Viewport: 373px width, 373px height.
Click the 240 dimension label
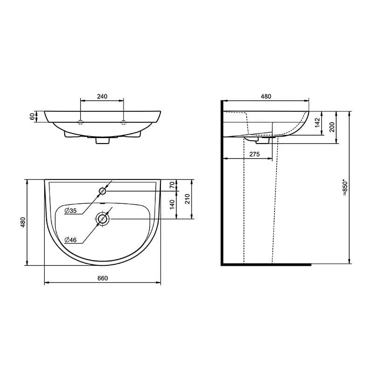tap(102, 97)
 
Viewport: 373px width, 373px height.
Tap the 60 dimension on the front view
tap(32, 117)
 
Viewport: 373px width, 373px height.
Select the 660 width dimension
tap(103, 278)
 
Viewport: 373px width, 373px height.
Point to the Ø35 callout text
tap(71, 211)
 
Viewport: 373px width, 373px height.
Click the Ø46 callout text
tap(71, 240)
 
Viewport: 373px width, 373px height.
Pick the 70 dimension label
tap(172, 185)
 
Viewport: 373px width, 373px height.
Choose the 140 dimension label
tap(172, 205)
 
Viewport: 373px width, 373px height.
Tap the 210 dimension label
tap(187, 199)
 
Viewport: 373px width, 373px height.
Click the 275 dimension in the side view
tap(255, 154)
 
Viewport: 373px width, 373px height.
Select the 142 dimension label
tap(318, 123)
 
